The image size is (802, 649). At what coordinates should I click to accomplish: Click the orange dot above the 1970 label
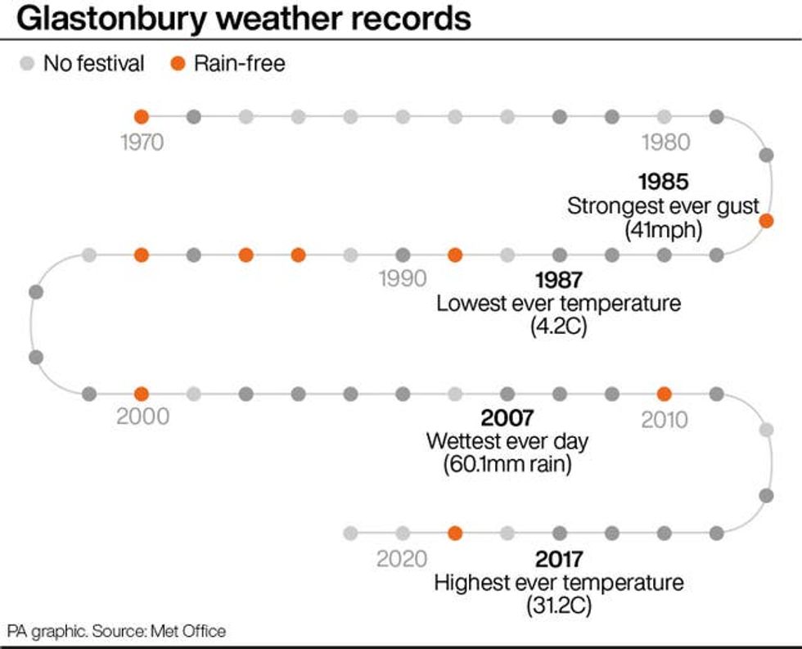142,116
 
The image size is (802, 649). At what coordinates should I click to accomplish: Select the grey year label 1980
665,142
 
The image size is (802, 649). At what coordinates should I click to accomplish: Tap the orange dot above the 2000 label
142,394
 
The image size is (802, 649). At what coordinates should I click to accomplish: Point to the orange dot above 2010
665,394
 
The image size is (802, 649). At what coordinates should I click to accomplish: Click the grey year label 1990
403,279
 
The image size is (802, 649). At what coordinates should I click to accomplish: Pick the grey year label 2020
402,559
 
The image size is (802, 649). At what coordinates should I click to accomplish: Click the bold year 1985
664,182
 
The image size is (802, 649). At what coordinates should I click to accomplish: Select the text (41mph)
664,230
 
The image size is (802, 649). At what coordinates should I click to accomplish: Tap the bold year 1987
558,280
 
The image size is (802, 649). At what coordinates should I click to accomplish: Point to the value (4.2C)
559,327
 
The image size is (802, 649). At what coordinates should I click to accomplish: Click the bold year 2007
507,418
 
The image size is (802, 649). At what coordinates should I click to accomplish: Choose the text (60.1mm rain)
507,465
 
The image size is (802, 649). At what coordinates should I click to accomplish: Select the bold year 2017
559,560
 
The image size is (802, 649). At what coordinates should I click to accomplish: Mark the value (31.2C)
559,607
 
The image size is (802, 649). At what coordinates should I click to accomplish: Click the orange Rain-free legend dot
176,63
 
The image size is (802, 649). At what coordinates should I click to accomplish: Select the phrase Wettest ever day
507,441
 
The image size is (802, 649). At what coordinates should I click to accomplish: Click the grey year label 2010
665,420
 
